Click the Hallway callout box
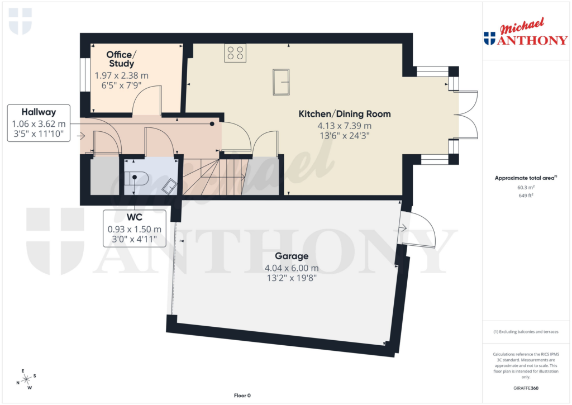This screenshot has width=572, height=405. pyautogui.click(x=39, y=123)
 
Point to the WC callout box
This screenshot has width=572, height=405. pyautogui.click(x=135, y=228)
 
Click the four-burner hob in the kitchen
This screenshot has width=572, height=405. pyautogui.click(x=235, y=53)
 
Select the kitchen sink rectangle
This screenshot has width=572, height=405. pyautogui.click(x=281, y=82)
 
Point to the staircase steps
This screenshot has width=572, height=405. pyautogui.click(x=215, y=177)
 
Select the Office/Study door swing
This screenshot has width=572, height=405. pyautogui.click(x=146, y=101)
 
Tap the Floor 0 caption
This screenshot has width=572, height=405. pyautogui.click(x=242, y=396)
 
